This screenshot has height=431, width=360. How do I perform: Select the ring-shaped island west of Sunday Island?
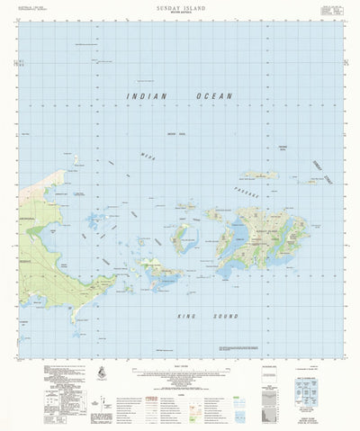[x=184, y=235]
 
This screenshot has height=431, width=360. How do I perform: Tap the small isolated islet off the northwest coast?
[x=76, y=162]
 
